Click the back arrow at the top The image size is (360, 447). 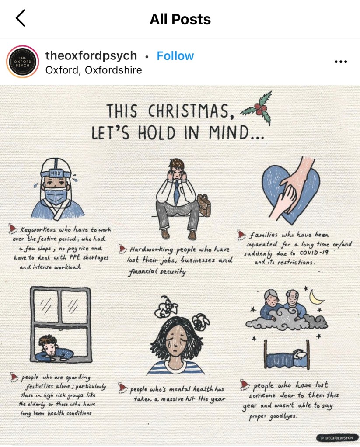[x=21, y=18]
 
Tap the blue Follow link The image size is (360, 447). [x=175, y=56]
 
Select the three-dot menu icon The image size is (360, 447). [x=341, y=62]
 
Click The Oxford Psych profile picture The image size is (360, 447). [x=23, y=62]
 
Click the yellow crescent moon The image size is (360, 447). [x=316, y=298]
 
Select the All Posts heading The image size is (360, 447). [x=180, y=19]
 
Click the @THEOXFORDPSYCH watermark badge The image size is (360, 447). [x=337, y=437]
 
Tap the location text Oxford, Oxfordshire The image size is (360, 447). [x=94, y=70]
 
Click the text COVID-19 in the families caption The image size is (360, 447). [x=314, y=253]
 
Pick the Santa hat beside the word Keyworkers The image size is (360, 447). [x=12, y=229]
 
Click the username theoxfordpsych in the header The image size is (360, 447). [x=91, y=55]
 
